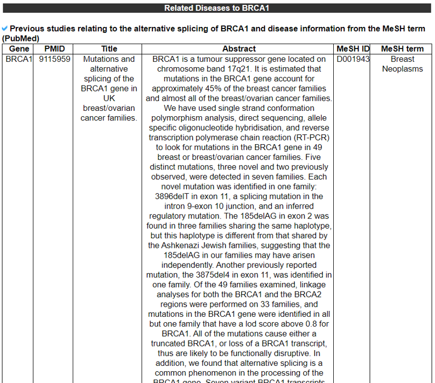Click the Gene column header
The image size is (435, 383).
(x=19, y=49)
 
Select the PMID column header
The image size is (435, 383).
(x=54, y=49)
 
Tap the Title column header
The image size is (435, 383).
(x=109, y=49)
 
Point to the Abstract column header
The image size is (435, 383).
(x=239, y=49)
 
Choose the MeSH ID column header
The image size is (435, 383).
(x=353, y=49)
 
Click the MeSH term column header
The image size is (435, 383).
(x=402, y=49)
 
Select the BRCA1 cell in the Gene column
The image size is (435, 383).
(x=19, y=59)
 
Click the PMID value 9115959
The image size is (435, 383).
(x=54, y=59)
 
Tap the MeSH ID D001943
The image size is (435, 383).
(x=353, y=59)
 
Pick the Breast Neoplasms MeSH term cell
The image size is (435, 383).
(x=402, y=64)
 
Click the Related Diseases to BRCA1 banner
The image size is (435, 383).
(x=217, y=8)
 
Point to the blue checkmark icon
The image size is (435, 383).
(x=5, y=28)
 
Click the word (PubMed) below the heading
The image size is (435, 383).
(x=21, y=39)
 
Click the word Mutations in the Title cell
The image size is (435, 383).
(x=102, y=59)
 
